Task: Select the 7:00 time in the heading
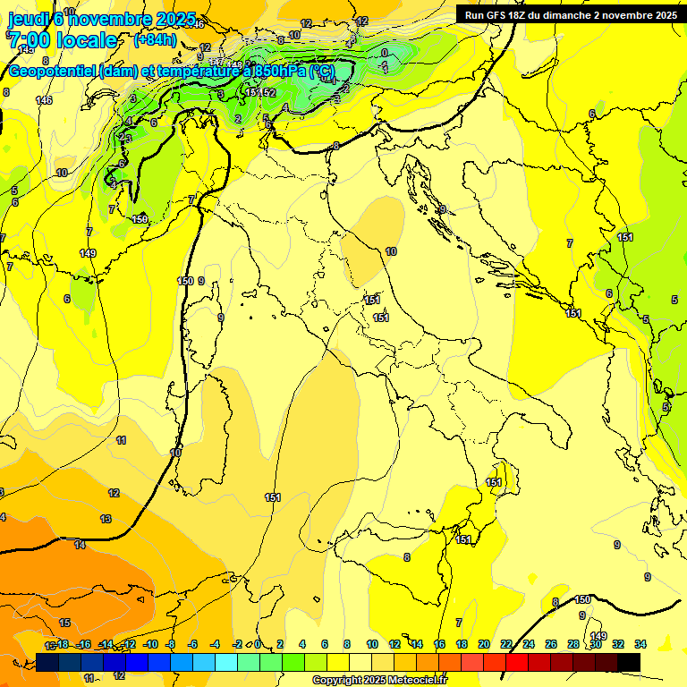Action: pos(30,40)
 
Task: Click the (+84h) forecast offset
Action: pos(155,40)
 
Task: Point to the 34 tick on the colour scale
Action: pos(640,644)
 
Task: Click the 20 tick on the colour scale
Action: pos(484,644)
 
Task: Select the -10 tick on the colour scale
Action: pos(150,644)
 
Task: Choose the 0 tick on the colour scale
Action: pos(258,644)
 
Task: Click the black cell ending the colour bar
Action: pos(629,662)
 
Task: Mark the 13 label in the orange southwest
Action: pos(106,519)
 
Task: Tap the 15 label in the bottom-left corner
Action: pos(64,623)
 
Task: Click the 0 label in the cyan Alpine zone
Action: pos(385,53)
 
